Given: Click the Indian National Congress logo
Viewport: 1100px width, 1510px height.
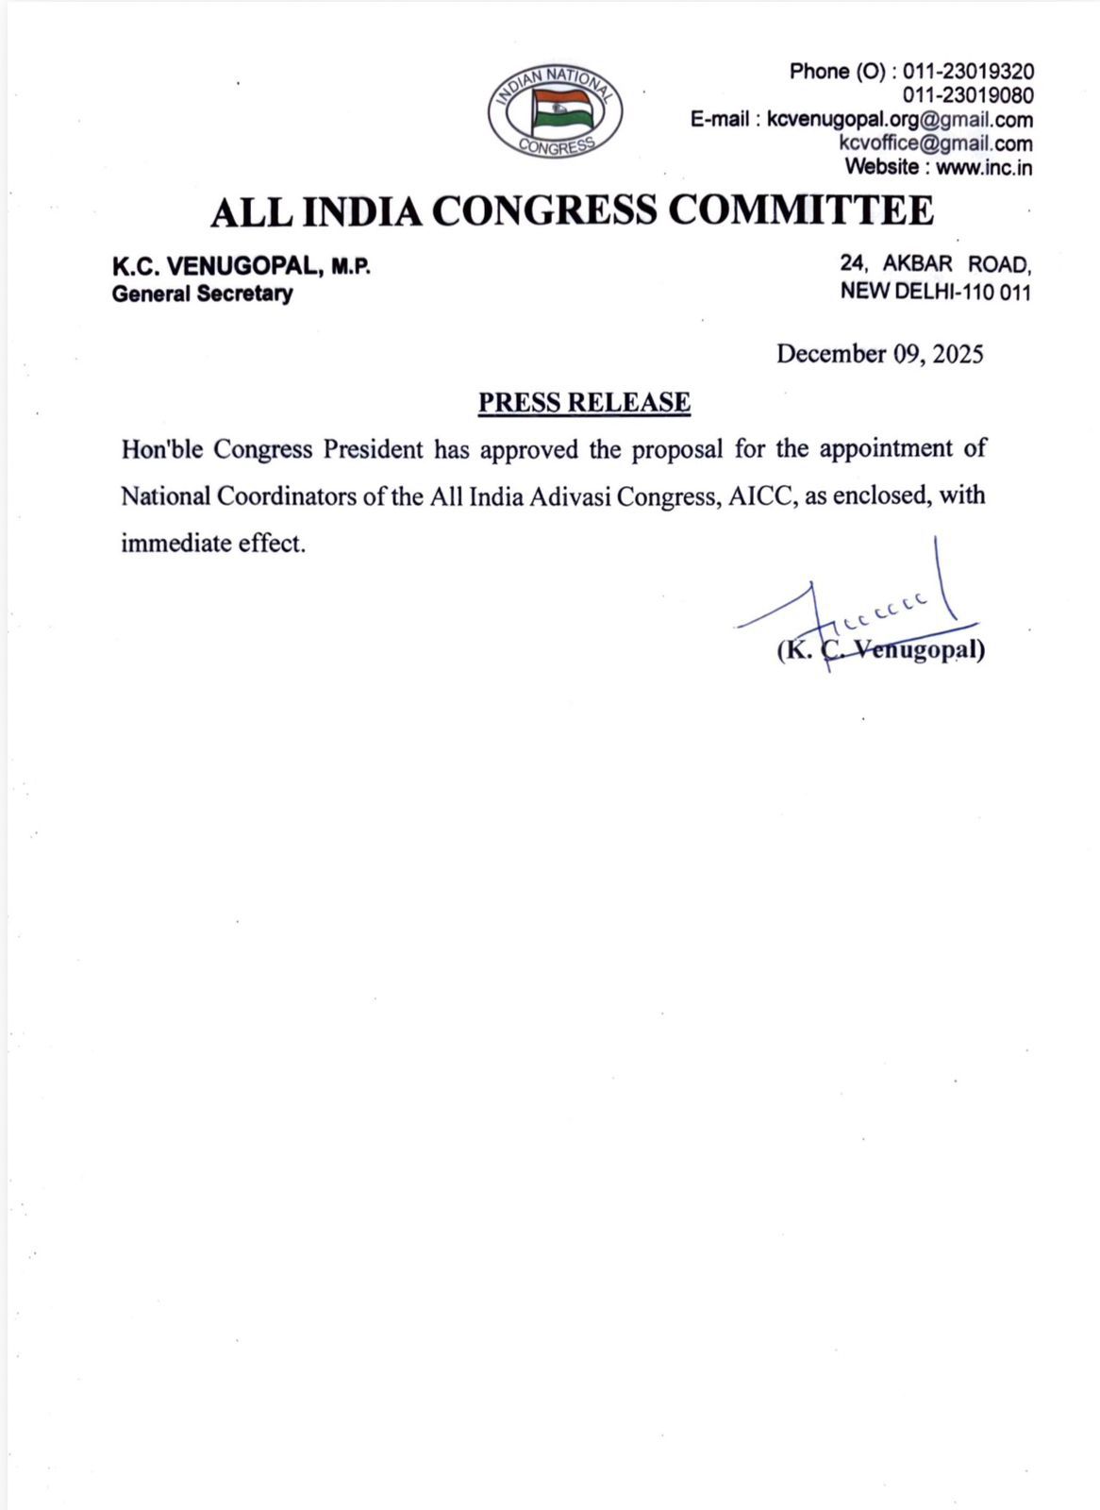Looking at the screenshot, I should (x=555, y=111).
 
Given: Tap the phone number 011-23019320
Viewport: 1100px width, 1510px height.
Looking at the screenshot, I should (x=968, y=72).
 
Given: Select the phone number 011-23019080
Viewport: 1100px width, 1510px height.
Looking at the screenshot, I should (x=968, y=95).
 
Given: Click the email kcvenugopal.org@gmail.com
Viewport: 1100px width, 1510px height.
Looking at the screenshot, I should (x=900, y=120).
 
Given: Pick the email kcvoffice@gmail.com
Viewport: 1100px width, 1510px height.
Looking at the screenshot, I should (x=935, y=143).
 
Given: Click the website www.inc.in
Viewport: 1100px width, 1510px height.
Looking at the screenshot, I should (x=984, y=167).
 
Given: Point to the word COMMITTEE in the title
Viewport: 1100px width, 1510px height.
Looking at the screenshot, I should (x=801, y=210).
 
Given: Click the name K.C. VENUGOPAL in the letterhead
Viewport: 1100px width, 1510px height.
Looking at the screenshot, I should (x=216, y=267).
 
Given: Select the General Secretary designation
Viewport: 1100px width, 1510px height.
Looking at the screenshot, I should (x=202, y=294).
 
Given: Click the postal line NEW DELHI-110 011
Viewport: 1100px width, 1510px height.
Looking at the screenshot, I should (x=935, y=292).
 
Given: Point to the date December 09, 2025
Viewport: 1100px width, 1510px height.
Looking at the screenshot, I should (x=879, y=354).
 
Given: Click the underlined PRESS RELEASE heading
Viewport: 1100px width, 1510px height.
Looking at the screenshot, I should (x=584, y=403).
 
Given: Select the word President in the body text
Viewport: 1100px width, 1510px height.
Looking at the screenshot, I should (x=374, y=449).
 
